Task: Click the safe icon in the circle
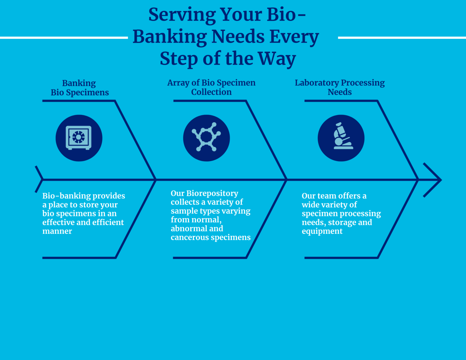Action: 79,138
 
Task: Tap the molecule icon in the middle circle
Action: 206,138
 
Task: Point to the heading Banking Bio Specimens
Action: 79,88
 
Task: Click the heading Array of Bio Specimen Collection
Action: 211,87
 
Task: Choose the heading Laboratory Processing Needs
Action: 340,87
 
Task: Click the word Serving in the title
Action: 182,15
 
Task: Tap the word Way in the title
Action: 277,59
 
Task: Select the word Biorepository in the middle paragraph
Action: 212,193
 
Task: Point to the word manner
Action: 57,231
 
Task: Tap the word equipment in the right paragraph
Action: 322,231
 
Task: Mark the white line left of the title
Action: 63,38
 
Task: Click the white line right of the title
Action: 402,38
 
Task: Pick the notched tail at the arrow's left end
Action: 39,180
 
